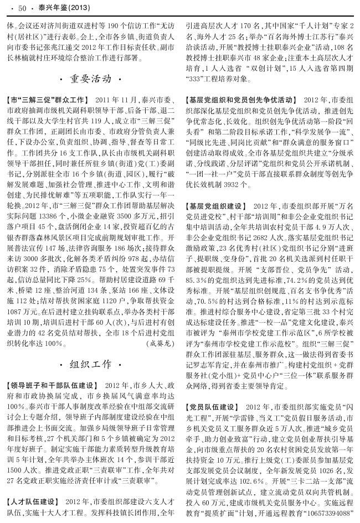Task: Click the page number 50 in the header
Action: [23, 8]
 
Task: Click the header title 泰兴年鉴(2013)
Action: [58, 8]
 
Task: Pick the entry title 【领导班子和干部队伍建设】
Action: [53, 385]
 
